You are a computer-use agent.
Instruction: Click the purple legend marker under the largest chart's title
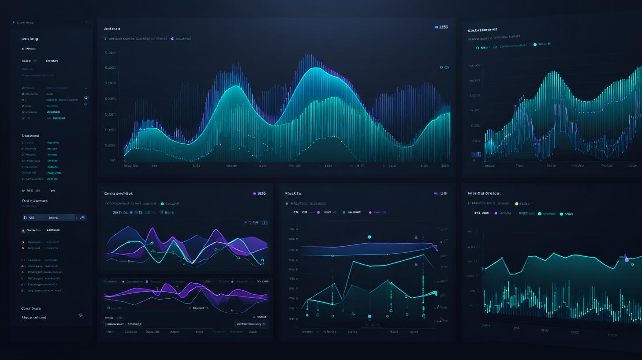(172, 39)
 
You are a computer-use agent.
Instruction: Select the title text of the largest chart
(112, 29)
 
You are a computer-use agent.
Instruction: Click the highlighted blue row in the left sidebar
(55, 217)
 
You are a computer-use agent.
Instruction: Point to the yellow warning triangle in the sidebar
(23, 230)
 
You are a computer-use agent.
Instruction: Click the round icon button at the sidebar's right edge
(86, 97)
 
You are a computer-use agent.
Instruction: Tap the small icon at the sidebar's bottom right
(80, 315)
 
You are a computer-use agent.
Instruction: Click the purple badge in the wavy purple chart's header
(255, 193)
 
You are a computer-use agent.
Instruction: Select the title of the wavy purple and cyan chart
(118, 193)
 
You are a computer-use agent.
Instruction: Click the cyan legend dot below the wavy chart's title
(162, 204)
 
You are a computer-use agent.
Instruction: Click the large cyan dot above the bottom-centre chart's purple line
(370, 237)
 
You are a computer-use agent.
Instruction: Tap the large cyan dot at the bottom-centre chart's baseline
(370, 316)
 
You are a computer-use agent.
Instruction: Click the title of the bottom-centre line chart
(293, 193)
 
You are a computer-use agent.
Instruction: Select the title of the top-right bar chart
(482, 30)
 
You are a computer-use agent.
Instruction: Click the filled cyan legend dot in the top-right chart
(535, 45)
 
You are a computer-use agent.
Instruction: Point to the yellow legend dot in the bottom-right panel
(517, 204)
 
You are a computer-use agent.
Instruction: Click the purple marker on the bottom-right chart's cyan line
(627, 260)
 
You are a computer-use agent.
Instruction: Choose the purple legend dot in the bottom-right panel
(496, 214)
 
